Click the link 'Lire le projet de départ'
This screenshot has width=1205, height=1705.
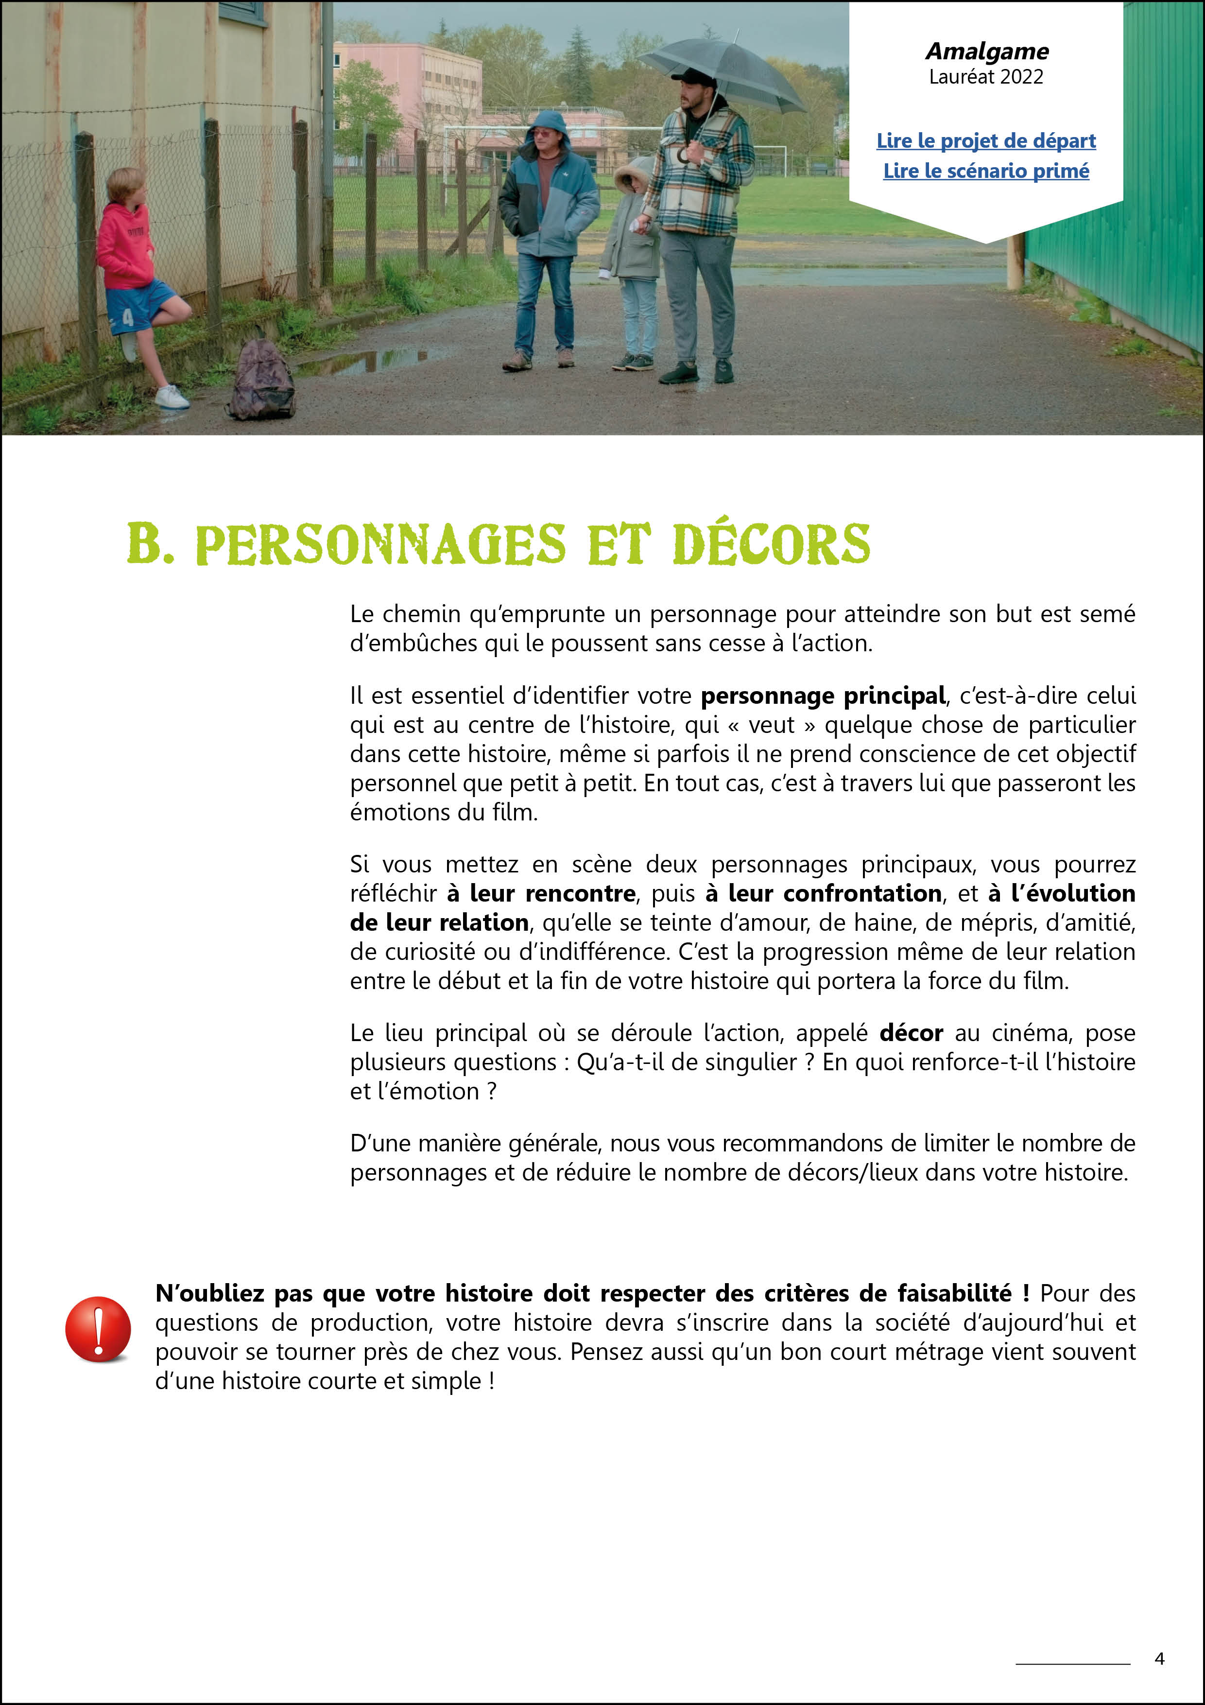pos(985,140)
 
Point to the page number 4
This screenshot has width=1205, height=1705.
pos(1159,1658)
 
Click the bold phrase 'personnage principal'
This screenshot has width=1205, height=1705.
pos(823,696)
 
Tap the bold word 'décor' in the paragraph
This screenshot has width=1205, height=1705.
pos(911,1033)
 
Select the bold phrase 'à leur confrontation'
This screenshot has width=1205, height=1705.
pos(824,893)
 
